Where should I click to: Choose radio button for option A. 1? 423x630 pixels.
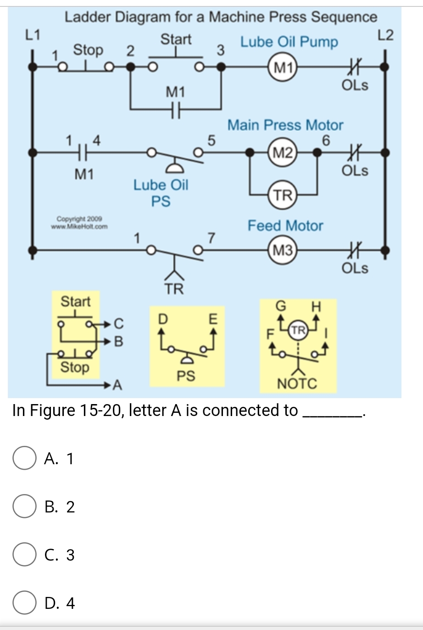[24, 459]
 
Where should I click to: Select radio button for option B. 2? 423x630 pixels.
[24, 507]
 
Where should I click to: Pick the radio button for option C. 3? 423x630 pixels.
[24, 555]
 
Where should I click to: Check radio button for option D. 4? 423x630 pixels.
[24, 603]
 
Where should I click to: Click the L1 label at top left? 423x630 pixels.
[33, 34]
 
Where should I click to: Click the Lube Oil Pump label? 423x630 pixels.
[289, 42]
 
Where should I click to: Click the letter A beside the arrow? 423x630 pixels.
[117, 385]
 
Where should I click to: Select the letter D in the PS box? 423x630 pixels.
[161, 318]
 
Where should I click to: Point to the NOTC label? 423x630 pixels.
[297, 383]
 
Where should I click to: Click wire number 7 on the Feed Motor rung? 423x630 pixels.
[211, 238]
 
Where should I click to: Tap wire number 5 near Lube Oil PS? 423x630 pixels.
[211, 140]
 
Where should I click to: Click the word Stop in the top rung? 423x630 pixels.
[88, 50]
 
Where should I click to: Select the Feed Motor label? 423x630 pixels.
[285, 226]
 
